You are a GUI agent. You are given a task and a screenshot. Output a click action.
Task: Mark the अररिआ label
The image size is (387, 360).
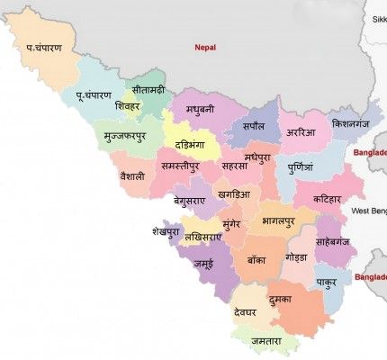coord(302,131)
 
